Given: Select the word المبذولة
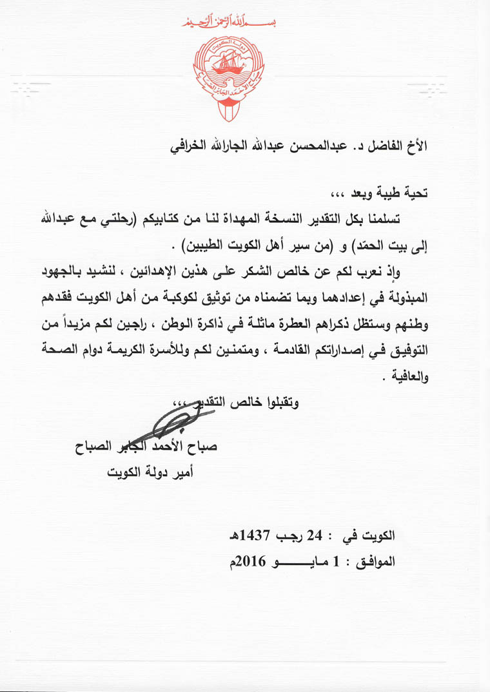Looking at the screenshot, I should pyautogui.click(x=406, y=299).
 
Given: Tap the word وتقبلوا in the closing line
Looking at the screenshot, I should pyautogui.click(x=283, y=403).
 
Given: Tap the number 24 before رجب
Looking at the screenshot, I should pyautogui.click(x=313, y=535).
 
